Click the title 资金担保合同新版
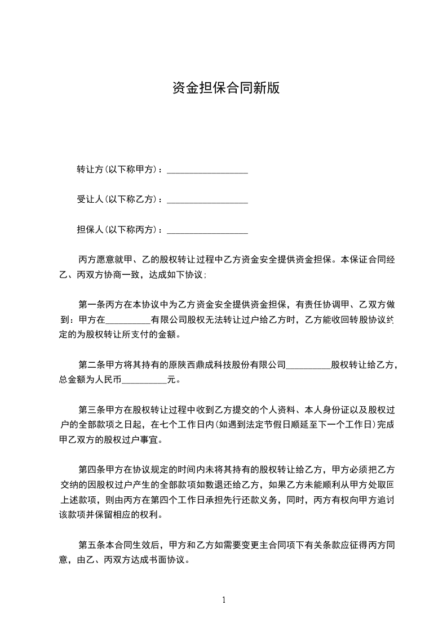pos(225,88)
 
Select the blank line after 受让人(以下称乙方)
pos(207,200)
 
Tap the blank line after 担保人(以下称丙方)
pos(207,230)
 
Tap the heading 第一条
pos(90,305)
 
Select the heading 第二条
pos(90,365)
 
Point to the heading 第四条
pos(90,469)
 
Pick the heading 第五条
pos(90,545)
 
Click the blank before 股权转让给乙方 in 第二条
pos(308,366)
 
